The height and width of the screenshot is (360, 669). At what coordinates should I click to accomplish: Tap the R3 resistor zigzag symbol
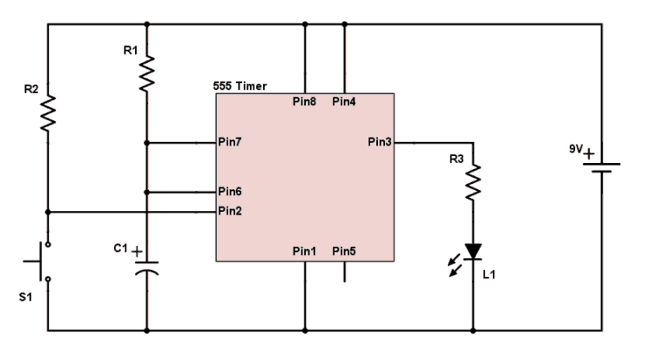[473, 182]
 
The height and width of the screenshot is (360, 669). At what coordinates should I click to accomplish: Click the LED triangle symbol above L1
[473, 251]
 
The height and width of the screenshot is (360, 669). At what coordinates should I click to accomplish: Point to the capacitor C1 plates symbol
[146, 265]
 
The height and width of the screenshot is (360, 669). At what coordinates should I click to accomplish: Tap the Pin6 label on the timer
[232, 192]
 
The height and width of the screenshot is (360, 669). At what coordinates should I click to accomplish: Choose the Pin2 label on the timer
[232, 211]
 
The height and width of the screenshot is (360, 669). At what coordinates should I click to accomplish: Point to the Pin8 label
[304, 102]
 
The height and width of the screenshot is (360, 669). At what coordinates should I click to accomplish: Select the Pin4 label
[344, 102]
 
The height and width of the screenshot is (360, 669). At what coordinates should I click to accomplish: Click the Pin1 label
[304, 251]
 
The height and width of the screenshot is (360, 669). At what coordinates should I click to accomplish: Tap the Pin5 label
[344, 251]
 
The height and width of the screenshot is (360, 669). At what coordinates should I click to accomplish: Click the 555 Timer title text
[240, 86]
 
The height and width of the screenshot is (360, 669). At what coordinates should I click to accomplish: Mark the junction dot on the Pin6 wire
[146, 192]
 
